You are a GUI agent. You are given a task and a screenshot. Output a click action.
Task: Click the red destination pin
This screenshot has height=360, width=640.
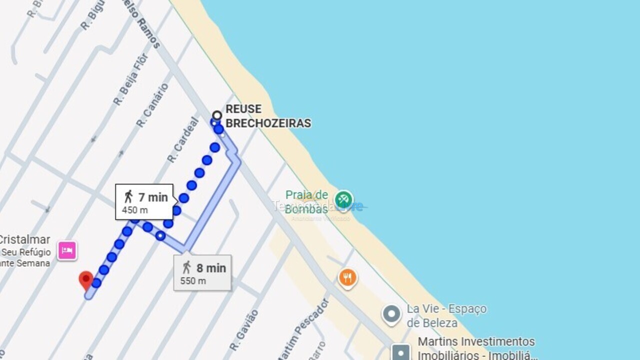pyautogui.click(x=86, y=279)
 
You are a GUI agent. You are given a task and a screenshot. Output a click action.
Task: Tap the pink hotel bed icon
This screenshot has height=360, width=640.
pyautogui.click(x=67, y=250)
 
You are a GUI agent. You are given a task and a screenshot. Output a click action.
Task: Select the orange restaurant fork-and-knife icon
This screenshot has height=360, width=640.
pyautogui.click(x=347, y=277)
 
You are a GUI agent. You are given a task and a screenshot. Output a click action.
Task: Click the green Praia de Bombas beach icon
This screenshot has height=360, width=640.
pyautogui.click(x=343, y=200)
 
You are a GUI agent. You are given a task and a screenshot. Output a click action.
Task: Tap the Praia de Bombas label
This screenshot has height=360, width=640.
pyautogui.click(x=306, y=202)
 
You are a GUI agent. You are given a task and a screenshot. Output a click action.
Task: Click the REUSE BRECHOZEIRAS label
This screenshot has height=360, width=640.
pyautogui.click(x=268, y=116)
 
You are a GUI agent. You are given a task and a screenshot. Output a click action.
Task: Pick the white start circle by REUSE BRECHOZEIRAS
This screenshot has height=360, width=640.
pyautogui.click(x=217, y=115)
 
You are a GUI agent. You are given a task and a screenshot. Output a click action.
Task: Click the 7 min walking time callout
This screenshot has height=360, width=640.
pyautogui.click(x=144, y=201)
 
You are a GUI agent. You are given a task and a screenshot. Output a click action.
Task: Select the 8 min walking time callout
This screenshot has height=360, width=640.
pyautogui.click(x=202, y=272)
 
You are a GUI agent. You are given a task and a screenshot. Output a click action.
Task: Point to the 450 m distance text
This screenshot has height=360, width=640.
pyautogui.click(x=135, y=210)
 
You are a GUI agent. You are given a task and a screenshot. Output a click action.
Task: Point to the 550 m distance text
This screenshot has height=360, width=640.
pyautogui.click(x=193, y=281)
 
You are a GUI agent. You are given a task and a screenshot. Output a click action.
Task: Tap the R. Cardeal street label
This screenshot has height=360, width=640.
pyautogui.click(x=183, y=140)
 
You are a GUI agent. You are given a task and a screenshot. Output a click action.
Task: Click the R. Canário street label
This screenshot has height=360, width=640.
pyautogui.click(x=152, y=105)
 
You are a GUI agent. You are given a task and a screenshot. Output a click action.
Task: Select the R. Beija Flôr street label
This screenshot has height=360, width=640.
pyautogui.click(x=130, y=79)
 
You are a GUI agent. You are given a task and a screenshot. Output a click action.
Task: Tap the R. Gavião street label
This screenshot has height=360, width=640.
pyautogui.click(x=244, y=329)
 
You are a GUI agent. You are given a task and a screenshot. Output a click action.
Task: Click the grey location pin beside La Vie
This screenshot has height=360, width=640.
pyautogui.click(x=391, y=314)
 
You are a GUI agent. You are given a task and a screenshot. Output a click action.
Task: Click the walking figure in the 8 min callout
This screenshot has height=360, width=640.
pyautogui.click(x=187, y=267)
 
